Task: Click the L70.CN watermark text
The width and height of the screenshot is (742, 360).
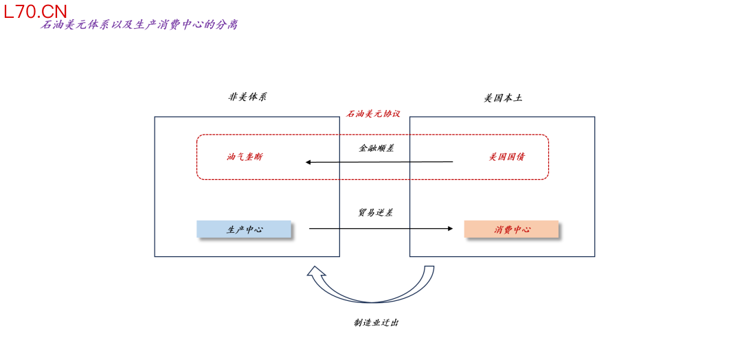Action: point(36,11)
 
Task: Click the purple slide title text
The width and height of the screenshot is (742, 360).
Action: point(139,25)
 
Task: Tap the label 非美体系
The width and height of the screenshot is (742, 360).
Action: point(247,97)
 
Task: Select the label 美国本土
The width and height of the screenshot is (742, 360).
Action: point(503,98)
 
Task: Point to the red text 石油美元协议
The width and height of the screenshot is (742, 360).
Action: point(373,113)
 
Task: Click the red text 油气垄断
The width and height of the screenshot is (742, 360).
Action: point(245,157)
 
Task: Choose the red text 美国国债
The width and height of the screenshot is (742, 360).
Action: point(507,157)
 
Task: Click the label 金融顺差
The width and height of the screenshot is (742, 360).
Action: point(376,148)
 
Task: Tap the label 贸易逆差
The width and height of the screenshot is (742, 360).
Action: point(375,213)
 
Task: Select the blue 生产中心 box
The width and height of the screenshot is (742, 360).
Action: point(244,229)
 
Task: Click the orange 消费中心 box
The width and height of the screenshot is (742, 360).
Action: point(511,229)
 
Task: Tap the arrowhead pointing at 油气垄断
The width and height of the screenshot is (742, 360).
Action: point(308,162)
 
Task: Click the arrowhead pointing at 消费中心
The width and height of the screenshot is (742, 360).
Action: point(450,228)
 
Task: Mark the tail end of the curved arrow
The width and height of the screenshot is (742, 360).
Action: point(429,269)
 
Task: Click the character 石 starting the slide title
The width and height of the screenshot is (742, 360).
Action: point(47,25)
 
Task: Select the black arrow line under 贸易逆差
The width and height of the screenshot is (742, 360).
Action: point(378,228)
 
